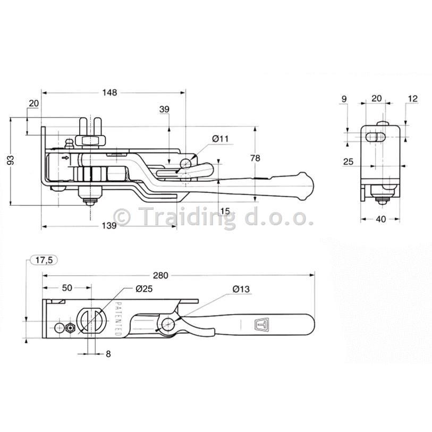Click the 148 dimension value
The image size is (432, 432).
(109, 92)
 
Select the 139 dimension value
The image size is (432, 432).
(109, 226)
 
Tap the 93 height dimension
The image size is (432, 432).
(11, 160)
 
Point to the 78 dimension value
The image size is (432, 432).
(256, 158)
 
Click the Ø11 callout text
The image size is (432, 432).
(221, 139)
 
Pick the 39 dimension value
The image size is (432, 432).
(164, 109)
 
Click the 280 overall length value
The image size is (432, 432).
(160, 275)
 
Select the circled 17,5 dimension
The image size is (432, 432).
(44, 260)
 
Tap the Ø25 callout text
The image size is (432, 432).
(144, 289)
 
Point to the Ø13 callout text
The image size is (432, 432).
(241, 289)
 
